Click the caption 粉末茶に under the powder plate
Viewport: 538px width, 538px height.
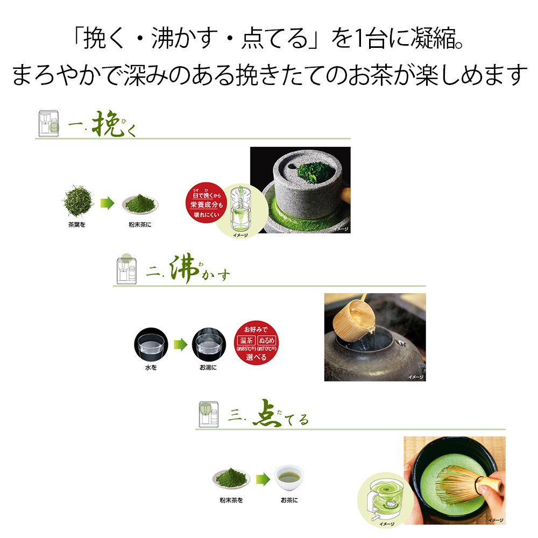pyautogui.click(x=140, y=224)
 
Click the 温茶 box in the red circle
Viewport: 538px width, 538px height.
pyautogui.click(x=246, y=341)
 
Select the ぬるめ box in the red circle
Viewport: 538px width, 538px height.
pyautogui.click(x=268, y=341)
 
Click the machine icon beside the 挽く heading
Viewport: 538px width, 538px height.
pyautogui.click(x=49, y=124)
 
